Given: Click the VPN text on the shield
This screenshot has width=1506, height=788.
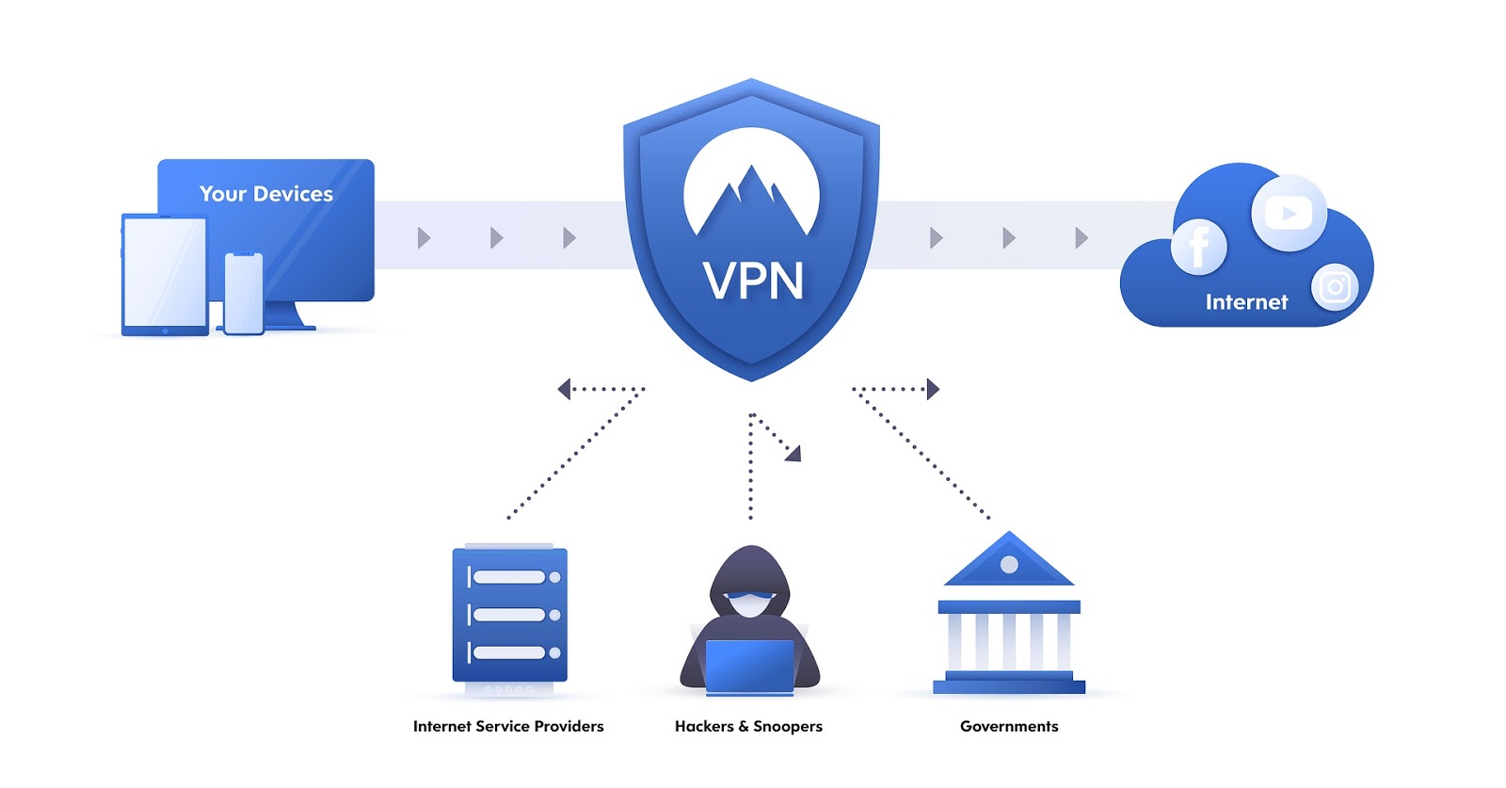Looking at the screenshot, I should coord(753,281).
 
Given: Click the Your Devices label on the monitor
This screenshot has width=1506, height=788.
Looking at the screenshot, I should coord(266,194).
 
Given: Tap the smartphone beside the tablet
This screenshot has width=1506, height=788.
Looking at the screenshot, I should coord(244,293).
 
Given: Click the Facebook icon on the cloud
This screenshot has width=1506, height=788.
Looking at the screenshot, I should coord(1198,247).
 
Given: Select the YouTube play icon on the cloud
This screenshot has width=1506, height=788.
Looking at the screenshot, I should coord(1289,214).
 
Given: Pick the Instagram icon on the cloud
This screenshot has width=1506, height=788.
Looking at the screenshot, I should coord(1335,286).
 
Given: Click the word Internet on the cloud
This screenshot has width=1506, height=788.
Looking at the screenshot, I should coord(1246,302).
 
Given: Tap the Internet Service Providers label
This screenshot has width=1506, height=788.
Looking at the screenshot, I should coord(508,726).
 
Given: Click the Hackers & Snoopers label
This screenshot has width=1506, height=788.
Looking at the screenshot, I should coord(748,726).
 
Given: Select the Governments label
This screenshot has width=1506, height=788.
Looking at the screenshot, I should coord(1009,726).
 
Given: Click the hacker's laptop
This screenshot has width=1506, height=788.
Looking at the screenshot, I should coord(749,667).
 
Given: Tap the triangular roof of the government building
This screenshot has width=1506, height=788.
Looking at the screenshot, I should coord(1009,563).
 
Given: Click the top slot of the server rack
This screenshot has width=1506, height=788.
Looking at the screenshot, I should coord(509,577).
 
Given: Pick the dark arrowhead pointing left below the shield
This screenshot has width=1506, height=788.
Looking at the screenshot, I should coord(564,389).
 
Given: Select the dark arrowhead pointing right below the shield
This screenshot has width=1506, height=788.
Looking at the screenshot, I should coord(933,389).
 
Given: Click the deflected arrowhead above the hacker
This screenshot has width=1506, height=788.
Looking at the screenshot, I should coord(794,455).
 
